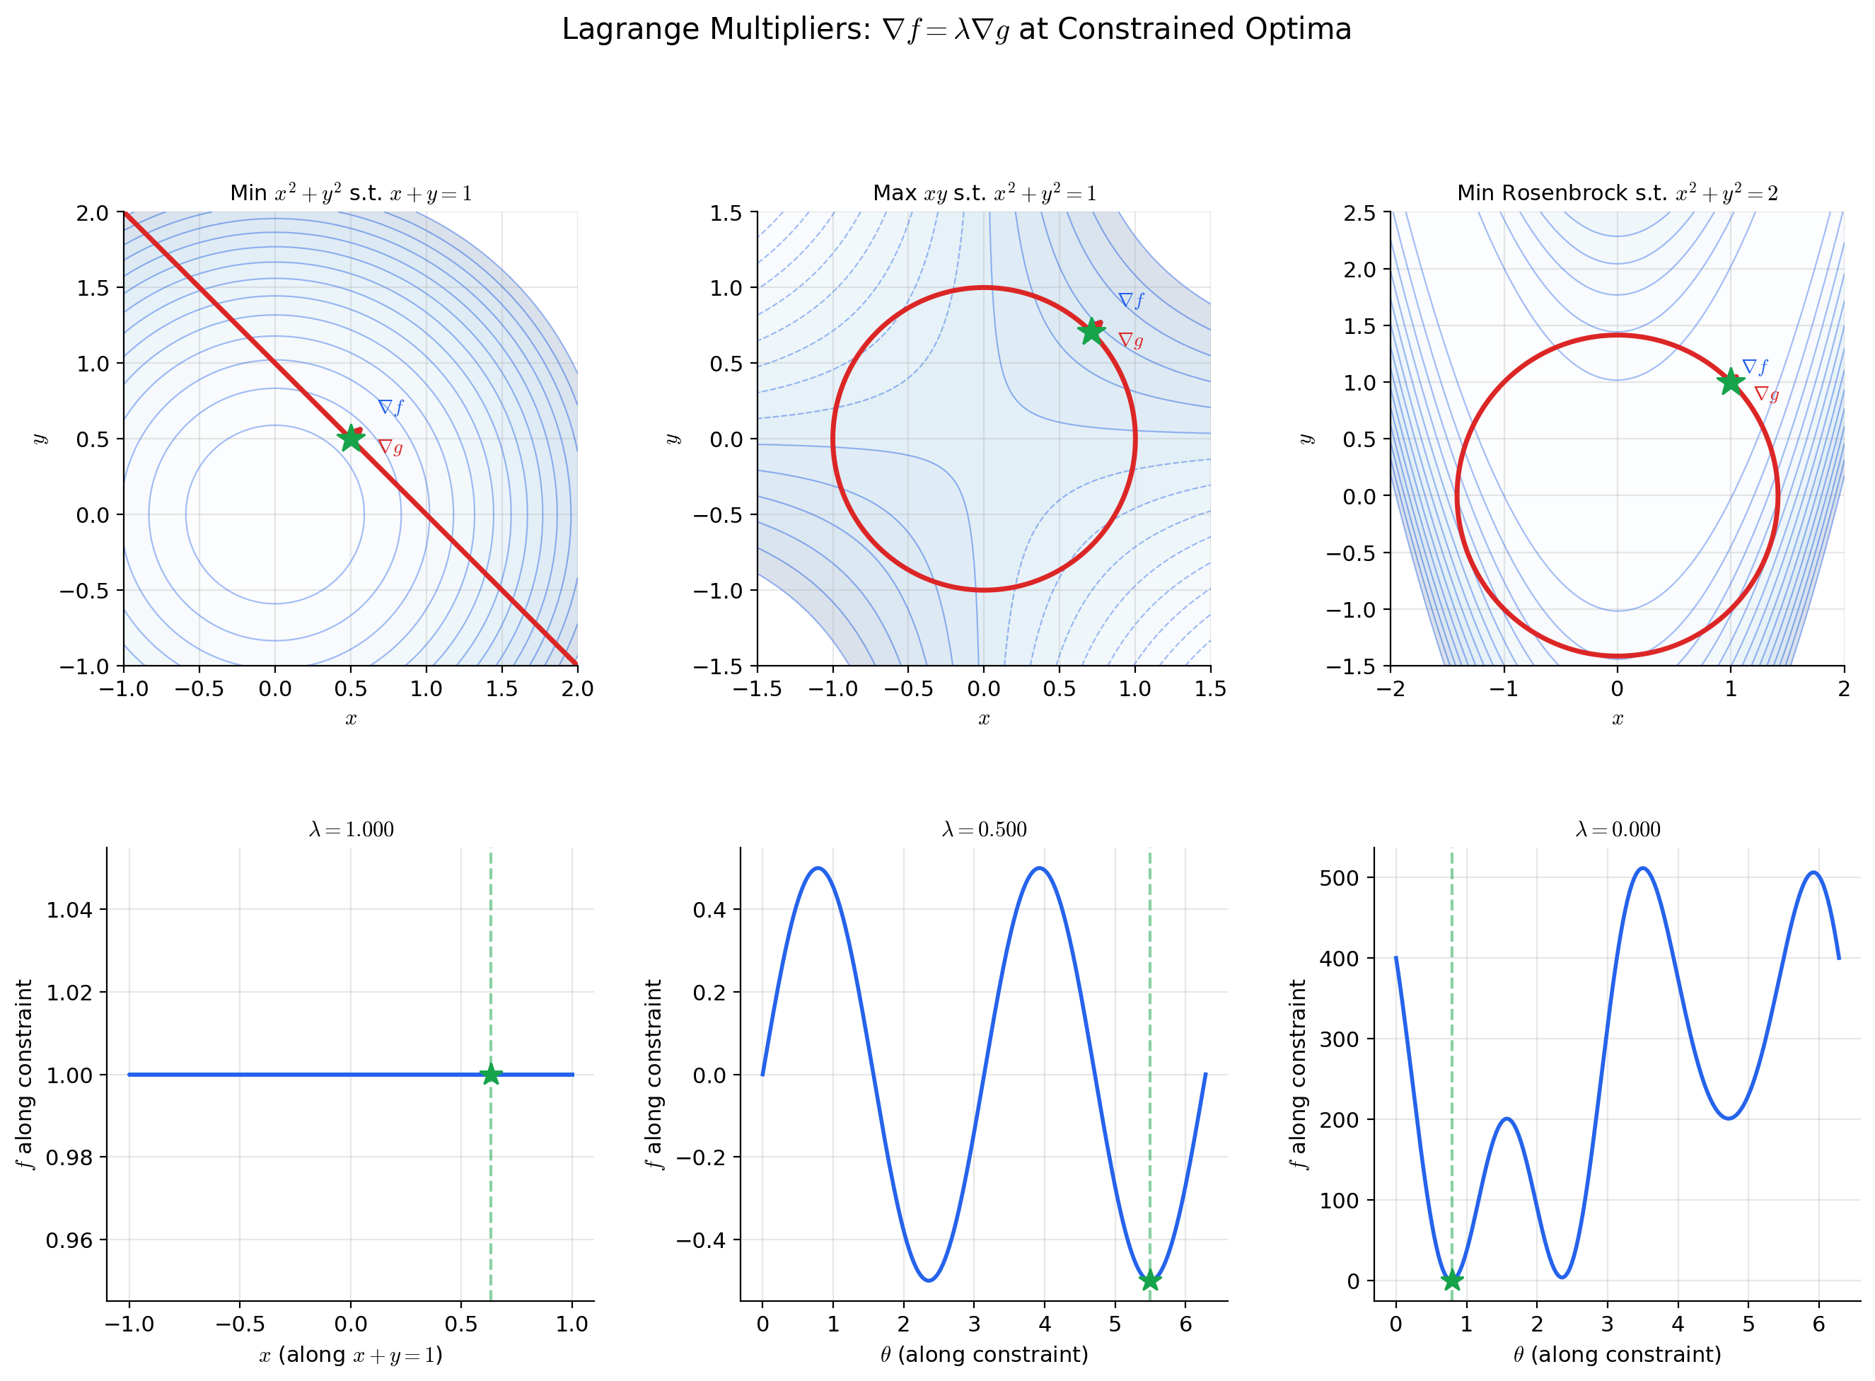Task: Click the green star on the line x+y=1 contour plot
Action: pos(351,437)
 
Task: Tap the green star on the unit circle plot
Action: pos(1091,331)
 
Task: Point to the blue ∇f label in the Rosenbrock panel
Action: pos(1755,367)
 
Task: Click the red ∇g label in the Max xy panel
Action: pos(1130,340)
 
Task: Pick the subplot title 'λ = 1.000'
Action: pos(351,829)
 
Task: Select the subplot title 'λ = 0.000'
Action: pos(1618,829)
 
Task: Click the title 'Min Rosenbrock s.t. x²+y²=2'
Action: pos(1618,193)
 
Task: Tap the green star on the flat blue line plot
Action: pos(490,1074)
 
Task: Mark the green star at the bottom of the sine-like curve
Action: pos(1150,1280)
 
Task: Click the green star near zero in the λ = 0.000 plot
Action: pos(1452,1280)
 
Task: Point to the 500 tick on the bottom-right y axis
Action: pos(1340,878)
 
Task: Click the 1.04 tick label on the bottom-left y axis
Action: pos(69,910)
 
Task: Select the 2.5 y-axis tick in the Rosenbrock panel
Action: pos(1359,213)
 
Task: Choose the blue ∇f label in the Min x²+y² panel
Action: pos(390,407)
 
